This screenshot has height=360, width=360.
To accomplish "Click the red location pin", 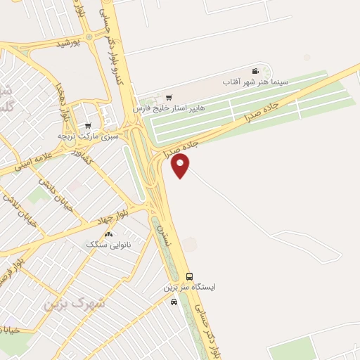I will tap(181, 165).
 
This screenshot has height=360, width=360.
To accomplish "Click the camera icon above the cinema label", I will tap(255, 71).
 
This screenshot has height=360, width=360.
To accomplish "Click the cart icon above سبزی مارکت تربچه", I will tap(88, 125).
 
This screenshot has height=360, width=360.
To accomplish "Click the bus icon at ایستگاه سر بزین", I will tap(189, 276).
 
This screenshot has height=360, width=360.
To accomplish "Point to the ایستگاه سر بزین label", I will tap(190, 287).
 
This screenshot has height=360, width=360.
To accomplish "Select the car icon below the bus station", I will tap(174, 302).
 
